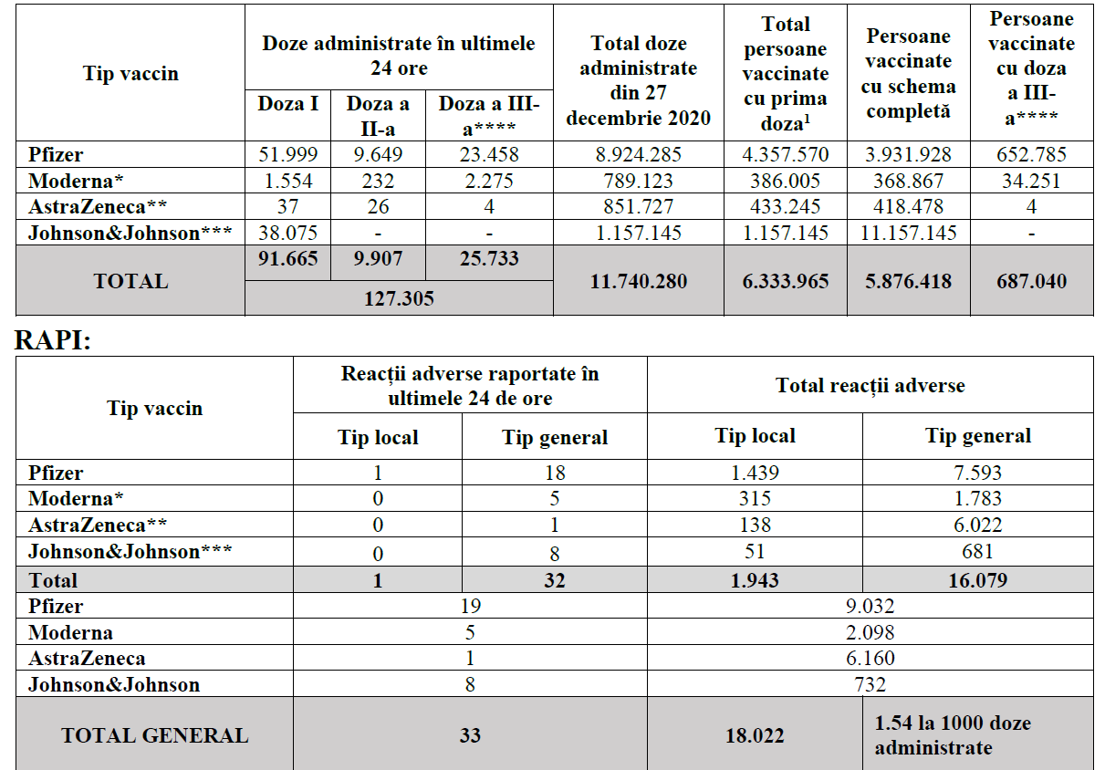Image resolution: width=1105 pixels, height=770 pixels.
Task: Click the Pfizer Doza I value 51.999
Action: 287,155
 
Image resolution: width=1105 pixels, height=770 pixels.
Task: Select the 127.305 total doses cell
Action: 399,297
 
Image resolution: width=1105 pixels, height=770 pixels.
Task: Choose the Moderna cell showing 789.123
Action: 638,181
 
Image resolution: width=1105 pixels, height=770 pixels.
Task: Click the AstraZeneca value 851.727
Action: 638,207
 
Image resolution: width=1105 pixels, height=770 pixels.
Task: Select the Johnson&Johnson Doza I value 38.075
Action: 287,233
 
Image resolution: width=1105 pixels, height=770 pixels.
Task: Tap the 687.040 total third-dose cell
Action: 1031,281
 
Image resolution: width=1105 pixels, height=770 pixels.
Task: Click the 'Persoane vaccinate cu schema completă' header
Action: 909,74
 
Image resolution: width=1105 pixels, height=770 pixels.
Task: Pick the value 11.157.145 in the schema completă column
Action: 909,233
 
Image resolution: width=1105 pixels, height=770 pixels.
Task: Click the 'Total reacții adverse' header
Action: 870,385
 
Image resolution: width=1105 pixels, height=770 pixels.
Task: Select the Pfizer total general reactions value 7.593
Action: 977,473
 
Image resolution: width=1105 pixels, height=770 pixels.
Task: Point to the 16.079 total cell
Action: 977,580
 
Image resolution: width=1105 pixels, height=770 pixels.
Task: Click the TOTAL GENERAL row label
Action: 154,735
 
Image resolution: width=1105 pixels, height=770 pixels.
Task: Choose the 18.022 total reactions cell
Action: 755,735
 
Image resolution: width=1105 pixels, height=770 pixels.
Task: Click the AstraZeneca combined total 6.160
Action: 870,658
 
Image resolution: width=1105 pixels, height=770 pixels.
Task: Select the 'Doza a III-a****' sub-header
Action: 489,115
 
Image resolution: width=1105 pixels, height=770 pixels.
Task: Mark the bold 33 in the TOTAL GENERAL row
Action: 470,735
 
